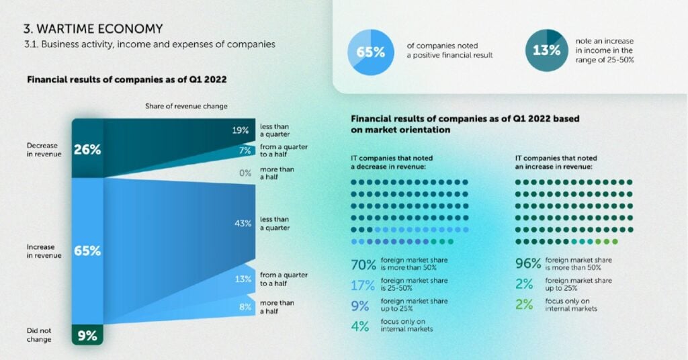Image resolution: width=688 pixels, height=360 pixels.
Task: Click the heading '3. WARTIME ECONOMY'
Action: [93, 29]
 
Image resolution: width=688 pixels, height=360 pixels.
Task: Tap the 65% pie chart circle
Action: [371, 52]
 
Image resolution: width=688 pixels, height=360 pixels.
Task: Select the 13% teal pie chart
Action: [547, 50]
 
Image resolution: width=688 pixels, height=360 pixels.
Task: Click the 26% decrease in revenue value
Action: [87, 150]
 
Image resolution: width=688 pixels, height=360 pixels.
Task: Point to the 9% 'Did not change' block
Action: [87, 335]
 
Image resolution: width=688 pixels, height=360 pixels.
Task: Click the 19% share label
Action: [241, 130]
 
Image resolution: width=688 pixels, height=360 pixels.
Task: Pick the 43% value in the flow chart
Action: [243, 224]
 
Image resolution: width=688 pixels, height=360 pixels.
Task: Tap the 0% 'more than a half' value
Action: [245, 173]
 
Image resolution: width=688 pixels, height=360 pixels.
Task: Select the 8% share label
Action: [245, 307]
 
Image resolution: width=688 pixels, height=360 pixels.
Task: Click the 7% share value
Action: [245, 151]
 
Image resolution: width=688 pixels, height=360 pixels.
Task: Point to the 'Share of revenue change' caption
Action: [187, 106]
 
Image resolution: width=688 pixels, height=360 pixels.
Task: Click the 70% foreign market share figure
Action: [363, 265]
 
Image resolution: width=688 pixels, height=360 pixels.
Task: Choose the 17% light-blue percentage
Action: [363, 285]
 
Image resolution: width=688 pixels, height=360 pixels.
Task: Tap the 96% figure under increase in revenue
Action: [528, 263]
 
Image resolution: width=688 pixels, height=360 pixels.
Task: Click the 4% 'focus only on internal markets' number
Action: [360, 326]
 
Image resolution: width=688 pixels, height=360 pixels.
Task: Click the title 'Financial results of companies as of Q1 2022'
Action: [127, 80]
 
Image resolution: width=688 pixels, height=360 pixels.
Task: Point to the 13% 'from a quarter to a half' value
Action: [243, 279]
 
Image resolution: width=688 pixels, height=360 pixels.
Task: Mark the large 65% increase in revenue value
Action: [87, 251]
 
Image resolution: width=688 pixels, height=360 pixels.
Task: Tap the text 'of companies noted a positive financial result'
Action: [449, 50]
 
